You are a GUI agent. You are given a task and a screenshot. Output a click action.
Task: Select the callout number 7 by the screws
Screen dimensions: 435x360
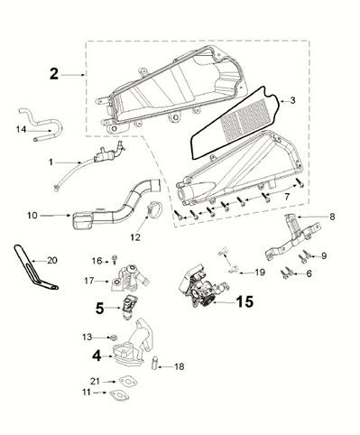pos(286,196)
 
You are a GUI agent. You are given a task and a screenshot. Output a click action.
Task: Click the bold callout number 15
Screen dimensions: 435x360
pos(245,303)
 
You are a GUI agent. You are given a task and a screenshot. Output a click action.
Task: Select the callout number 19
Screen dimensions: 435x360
pos(259,272)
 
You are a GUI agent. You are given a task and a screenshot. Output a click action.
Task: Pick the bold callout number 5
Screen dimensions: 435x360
pos(100,307)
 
